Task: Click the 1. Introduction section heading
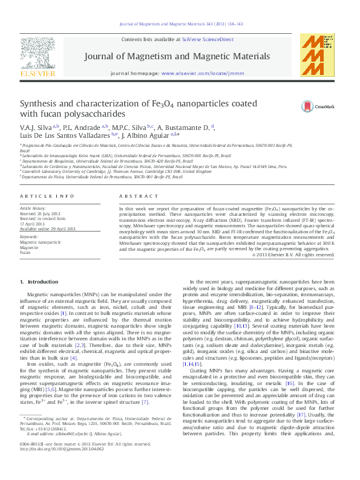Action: coord(39,282)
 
